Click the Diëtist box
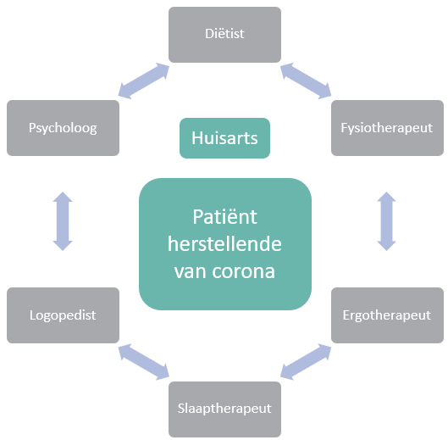pyautogui.click(x=224, y=35)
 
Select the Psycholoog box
pyautogui.click(x=63, y=128)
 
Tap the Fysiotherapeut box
pyautogui.click(x=387, y=128)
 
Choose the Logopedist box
pyautogui.click(x=63, y=315)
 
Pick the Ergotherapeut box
pyautogui.click(x=387, y=315)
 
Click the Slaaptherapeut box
pyautogui.click(x=224, y=409)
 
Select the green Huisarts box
pyautogui.click(x=224, y=138)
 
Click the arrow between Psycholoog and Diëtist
pyautogui.click(x=144, y=81)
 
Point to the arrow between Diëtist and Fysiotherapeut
pyautogui.click(x=306, y=81)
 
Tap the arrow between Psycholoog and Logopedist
pyautogui.click(x=63, y=221)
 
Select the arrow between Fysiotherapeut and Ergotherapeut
pyautogui.click(x=386, y=221)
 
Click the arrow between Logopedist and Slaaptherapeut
pyautogui.click(x=144, y=362)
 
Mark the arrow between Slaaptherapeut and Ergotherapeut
pyautogui.click(x=306, y=362)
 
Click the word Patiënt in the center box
pyautogui.click(x=224, y=216)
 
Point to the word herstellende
pyautogui.click(x=224, y=244)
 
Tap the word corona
pyautogui.click(x=243, y=271)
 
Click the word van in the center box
pyautogui.click(x=191, y=271)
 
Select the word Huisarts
pyautogui.click(x=224, y=138)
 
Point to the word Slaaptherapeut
pyautogui.click(x=224, y=409)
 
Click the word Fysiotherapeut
pyautogui.click(x=386, y=128)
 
